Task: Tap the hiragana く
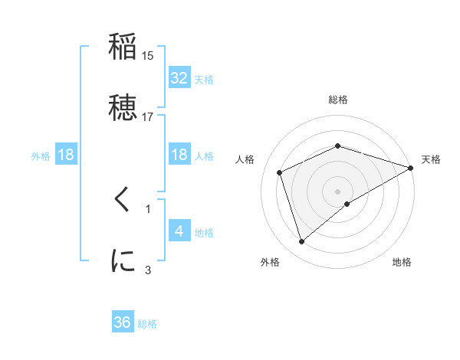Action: [123, 201]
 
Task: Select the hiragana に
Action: [123, 261]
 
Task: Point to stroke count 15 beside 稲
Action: [147, 56]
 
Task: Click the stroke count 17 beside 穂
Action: [147, 116]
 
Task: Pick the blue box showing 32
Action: [179, 78]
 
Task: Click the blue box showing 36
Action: [123, 322]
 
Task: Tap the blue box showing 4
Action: [179, 231]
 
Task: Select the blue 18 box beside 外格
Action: [66, 155]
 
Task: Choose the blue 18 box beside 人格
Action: [179, 155]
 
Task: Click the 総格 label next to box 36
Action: [147, 324]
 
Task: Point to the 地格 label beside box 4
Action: [204, 233]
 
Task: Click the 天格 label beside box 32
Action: [204, 80]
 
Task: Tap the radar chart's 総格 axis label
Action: [337, 100]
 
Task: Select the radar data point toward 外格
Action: [301, 242]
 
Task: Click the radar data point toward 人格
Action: [280, 172]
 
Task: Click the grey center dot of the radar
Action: [337, 191]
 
